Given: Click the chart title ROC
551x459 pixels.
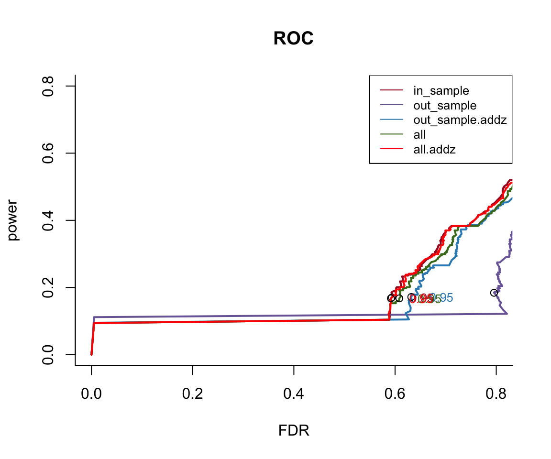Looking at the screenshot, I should click(x=293, y=39).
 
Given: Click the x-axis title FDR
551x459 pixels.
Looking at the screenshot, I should click(x=294, y=431).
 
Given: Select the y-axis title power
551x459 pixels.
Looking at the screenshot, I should click(x=13, y=220).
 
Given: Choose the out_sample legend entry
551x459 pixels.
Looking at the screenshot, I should click(x=445, y=105).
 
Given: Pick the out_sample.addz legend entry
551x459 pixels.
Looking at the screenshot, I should click(x=460, y=120).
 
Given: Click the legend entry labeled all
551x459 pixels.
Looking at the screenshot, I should click(x=419, y=135).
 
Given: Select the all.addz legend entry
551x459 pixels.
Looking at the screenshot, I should click(x=434, y=150).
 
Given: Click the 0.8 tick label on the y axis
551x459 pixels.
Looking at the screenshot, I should click(x=48, y=86).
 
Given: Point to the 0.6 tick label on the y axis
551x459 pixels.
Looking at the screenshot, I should click(x=48, y=153).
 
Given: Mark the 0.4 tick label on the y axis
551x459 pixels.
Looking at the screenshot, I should click(x=48, y=220).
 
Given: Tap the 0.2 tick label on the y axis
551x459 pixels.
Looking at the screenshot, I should click(x=48, y=287).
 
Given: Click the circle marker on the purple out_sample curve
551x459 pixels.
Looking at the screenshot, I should click(x=494, y=293).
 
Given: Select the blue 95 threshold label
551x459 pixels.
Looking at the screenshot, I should click(x=444, y=298).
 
